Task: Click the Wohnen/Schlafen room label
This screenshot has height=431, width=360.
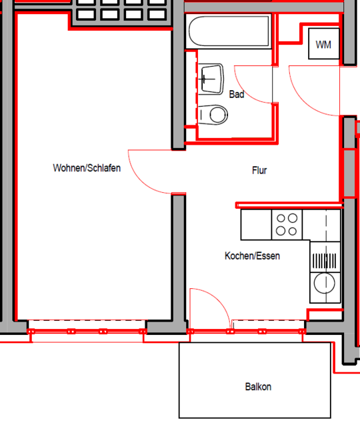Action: click(x=87, y=168)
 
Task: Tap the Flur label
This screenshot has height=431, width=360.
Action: click(x=259, y=170)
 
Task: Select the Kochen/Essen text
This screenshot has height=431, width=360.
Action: click(x=252, y=256)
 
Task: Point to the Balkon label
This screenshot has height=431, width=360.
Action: click(x=258, y=387)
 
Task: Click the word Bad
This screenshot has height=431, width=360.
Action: click(x=237, y=94)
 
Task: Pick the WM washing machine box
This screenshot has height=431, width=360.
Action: click(x=324, y=43)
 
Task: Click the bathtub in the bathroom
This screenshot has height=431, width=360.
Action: click(x=229, y=31)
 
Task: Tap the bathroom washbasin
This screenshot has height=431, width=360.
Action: click(x=211, y=79)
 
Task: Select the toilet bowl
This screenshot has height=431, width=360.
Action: click(x=213, y=115)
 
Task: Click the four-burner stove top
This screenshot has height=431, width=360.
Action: click(x=287, y=225)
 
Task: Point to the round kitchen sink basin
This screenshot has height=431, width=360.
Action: click(x=324, y=283)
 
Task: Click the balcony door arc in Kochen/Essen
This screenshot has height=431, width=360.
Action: click(x=218, y=300)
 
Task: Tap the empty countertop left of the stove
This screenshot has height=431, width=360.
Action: click(x=256, y=225)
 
